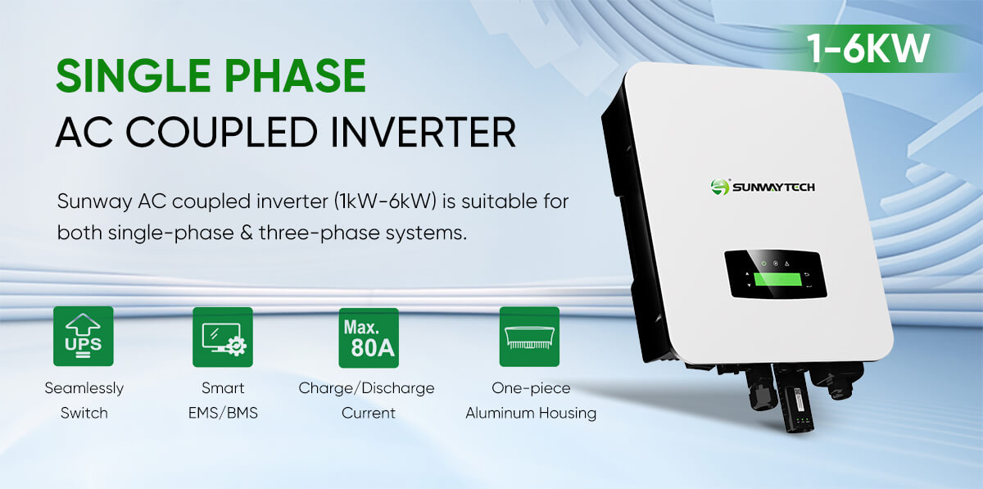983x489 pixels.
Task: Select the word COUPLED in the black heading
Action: (222, 132)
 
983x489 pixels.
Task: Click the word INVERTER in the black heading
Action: (423, 132)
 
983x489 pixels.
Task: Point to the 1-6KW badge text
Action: (868, 48)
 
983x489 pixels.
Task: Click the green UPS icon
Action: (84, 337)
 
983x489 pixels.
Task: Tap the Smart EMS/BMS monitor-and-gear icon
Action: (223, 337)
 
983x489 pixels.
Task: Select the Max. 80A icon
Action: (369, 338)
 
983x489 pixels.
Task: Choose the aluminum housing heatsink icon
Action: (529, 337)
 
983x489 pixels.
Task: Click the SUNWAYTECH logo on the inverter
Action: (763, 187)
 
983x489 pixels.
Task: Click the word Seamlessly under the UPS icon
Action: (84, 388)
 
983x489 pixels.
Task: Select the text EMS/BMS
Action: (223, 413)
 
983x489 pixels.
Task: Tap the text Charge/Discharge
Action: (366, 388)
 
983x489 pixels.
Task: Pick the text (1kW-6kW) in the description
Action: (385, 202)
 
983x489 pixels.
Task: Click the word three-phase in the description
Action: (319, 233)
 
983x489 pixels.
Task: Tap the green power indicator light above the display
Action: (764, 264)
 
